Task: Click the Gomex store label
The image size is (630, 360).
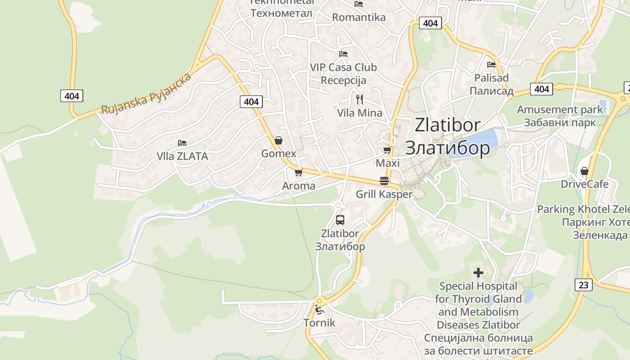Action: click(279, 153)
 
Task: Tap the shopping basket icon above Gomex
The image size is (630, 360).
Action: click(279, 140)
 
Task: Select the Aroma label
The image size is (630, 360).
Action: click(298, 186)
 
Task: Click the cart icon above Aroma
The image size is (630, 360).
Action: click(298, 172)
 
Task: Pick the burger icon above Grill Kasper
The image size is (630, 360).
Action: click(384, 181)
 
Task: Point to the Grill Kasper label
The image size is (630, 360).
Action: click(384, 194)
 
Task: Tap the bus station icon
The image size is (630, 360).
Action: click(340, 220)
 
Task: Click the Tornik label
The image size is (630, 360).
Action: click(319, 323)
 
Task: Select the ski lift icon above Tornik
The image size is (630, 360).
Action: click(319, 310)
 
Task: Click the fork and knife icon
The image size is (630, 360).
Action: click(359, 99)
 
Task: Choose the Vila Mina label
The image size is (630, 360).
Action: click(360, 113)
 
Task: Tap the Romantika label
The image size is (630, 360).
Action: click(359, 18)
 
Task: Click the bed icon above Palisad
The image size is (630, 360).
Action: click(491, 65)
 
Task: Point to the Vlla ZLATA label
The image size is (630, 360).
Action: click(182, 156)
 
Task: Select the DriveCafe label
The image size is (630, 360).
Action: click(584, 184)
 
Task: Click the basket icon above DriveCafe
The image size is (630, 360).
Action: click(584, 171)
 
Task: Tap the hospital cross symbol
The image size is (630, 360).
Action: click(478, 272)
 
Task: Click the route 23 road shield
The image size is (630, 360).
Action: click(583, 284)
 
